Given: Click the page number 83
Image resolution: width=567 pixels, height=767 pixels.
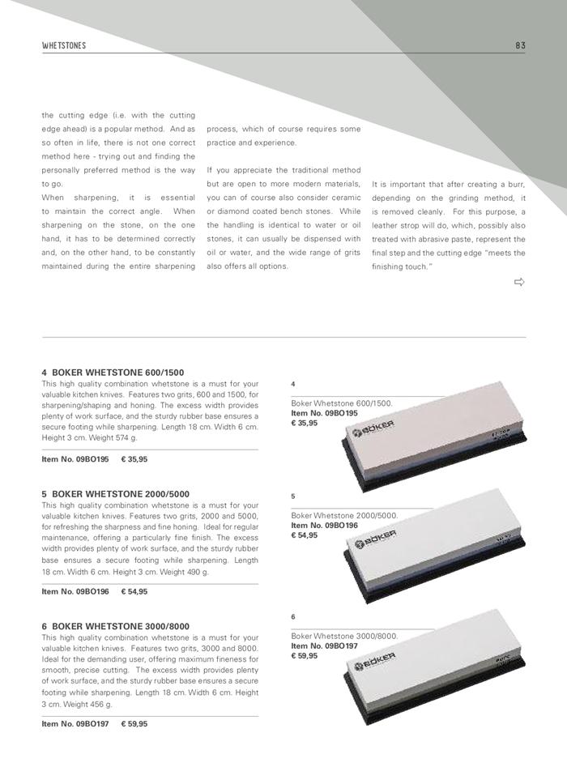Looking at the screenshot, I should [x=520, y=45].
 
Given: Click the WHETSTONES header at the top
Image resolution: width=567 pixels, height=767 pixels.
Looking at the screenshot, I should [x=63, y=45].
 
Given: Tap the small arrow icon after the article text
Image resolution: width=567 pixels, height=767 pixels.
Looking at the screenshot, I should [x=519, y=282].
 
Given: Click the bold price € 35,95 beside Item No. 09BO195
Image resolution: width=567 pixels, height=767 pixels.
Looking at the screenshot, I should [x=134, y=459].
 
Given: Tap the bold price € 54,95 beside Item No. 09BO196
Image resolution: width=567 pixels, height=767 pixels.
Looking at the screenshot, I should [x=134, y=592].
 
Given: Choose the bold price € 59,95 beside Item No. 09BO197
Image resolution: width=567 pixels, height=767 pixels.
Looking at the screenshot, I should [x=134, y=723].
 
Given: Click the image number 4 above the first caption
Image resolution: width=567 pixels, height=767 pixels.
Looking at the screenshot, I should [x=292, y=383].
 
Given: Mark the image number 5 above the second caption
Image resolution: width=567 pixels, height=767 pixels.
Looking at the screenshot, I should [x=292, y=496].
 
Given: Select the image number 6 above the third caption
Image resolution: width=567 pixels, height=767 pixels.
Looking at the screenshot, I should [x=292, y=617].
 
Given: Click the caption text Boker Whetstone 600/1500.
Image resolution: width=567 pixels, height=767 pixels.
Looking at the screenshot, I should [x=341, y=403].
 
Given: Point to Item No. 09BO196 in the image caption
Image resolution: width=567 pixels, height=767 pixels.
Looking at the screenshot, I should [x=324, y=526].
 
